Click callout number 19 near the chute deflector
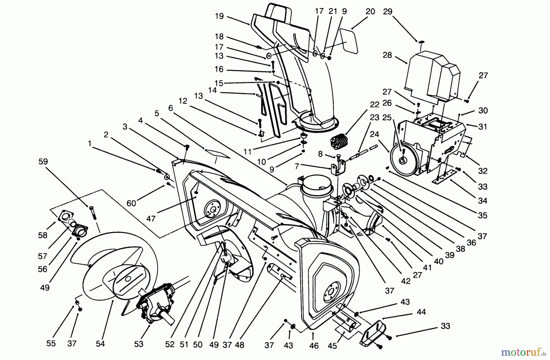pyautogui.click(x=219, y=16)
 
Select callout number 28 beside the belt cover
pyautogui.click(x=387, y=56)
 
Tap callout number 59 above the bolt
pyautogui.click(x=43, y=161)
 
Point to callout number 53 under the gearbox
pyautogui.click(x=139, y=344)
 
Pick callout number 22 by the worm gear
pyautogui.click(x=374, y=104)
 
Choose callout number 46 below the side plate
pyautogui.click(x=314, y=345)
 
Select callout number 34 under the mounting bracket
pyautogui.click(x=482, y=201)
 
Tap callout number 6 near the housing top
pyautogui.click(x=170, y=108)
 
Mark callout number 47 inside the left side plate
pyautogui.click(x=151, y=218)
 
